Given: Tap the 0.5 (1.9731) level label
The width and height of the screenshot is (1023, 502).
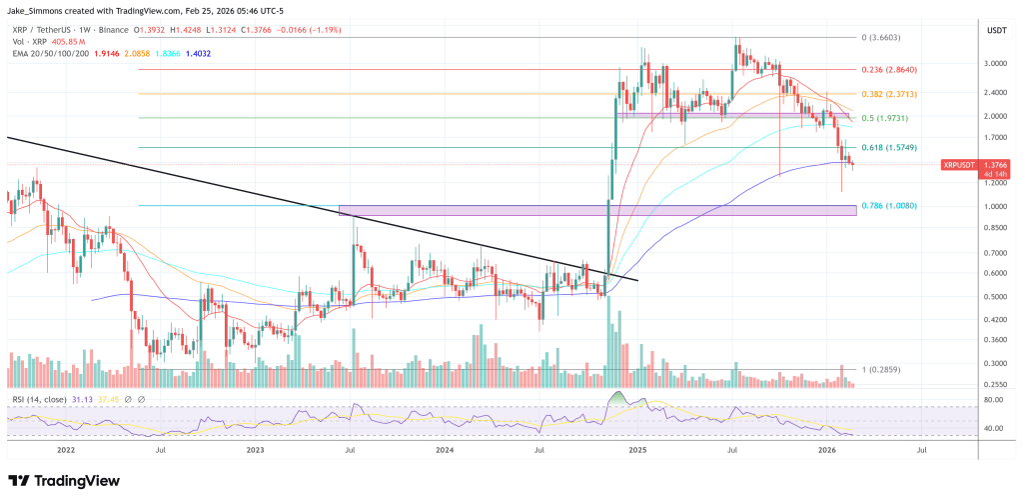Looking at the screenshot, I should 886,119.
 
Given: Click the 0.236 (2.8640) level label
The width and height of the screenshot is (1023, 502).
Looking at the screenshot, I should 889,70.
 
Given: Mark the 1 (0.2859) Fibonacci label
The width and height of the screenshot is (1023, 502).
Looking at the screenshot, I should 882,369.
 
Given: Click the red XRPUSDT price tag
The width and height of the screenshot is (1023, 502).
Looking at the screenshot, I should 961,164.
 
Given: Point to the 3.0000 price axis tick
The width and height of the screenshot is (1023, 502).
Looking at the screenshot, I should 994,63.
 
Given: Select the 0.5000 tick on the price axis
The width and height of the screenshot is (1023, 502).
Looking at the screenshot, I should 994,296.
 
